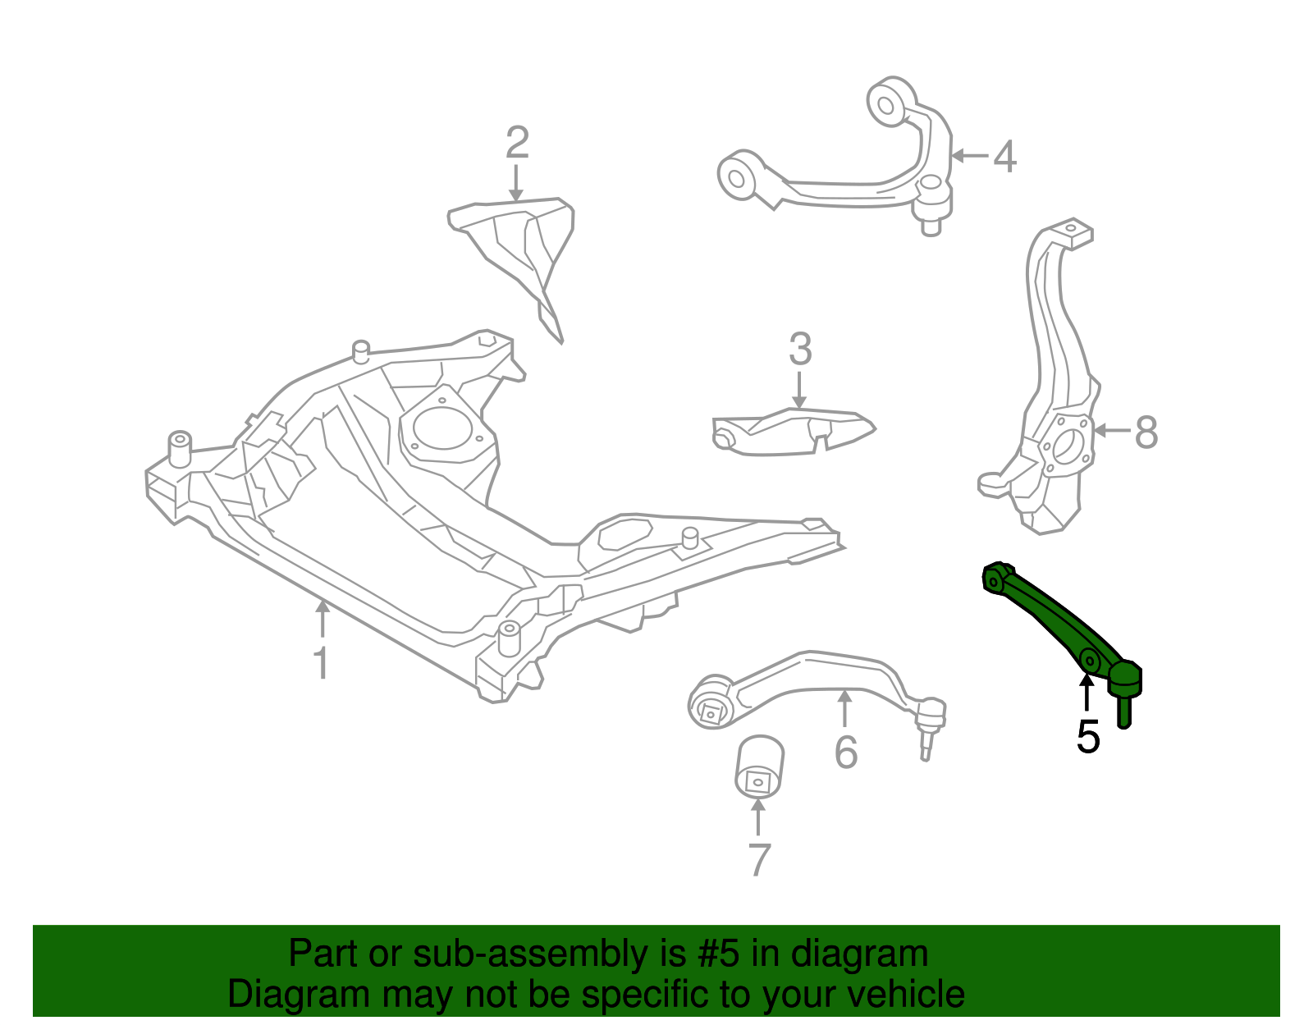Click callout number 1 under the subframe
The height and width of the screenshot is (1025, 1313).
[x=321, y=663]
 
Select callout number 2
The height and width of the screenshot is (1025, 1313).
[x=516, y=144]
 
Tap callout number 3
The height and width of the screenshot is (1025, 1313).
[x=800, y=350]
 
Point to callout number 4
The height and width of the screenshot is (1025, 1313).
[x=1005, y=156]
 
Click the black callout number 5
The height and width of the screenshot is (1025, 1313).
[x=1088, y=737]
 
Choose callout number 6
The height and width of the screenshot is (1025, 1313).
[x=846, y=752]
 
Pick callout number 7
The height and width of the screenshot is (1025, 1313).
[x=759, y=860]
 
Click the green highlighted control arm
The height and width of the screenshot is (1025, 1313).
[x=1050, y=615]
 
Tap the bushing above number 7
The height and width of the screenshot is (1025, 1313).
[x=759, y=766]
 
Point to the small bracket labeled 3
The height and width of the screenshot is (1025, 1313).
[x=792, y=431]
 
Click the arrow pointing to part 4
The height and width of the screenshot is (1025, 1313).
[x=968, y=155]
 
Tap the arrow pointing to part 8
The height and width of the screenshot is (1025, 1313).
[x=1109, y=430]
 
